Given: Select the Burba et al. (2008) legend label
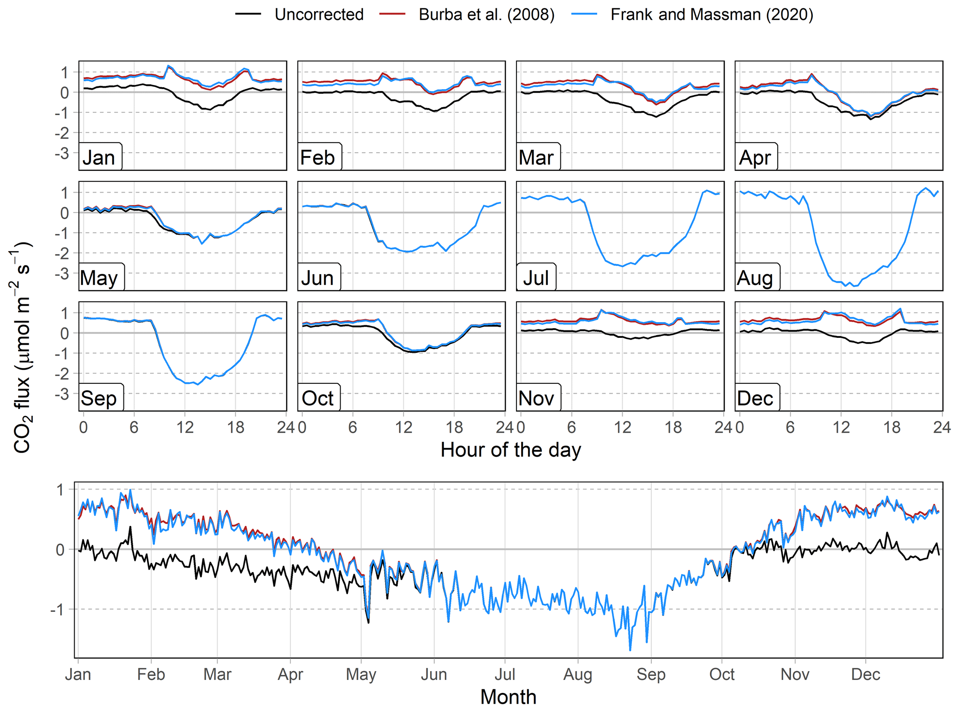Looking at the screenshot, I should [x=486, y=14].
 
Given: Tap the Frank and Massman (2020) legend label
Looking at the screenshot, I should [x=712, y=14].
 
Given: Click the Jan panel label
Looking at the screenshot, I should [x=99, y=157].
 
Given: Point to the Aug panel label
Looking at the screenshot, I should [x=755, y=278].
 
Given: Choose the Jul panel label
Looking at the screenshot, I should [x=536, y=278].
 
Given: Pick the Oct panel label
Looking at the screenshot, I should [x=318, y=398].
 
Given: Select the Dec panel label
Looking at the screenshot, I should [x=755, y=398].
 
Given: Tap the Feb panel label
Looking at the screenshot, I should [x=318, y=157].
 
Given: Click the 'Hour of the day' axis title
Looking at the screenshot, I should [x=510, y=449].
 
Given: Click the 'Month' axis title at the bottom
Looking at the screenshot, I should [x=508, y=697].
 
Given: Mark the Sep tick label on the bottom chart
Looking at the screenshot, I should [x=650, y=674].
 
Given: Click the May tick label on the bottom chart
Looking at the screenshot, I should [x=361, y=674].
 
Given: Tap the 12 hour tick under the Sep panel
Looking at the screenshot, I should [x=185, y=427].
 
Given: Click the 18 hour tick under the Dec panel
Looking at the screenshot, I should [x=892, y=427].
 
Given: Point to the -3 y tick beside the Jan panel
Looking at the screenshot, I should [x=62, y=153].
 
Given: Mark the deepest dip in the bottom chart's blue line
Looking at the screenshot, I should [x=630, y=650].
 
